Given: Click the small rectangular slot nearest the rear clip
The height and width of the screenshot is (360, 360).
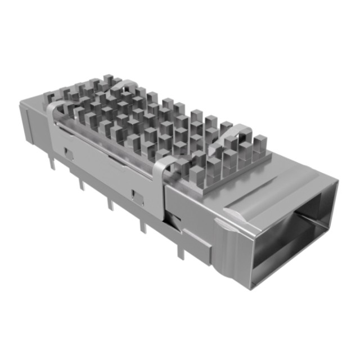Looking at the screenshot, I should point(67,152).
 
